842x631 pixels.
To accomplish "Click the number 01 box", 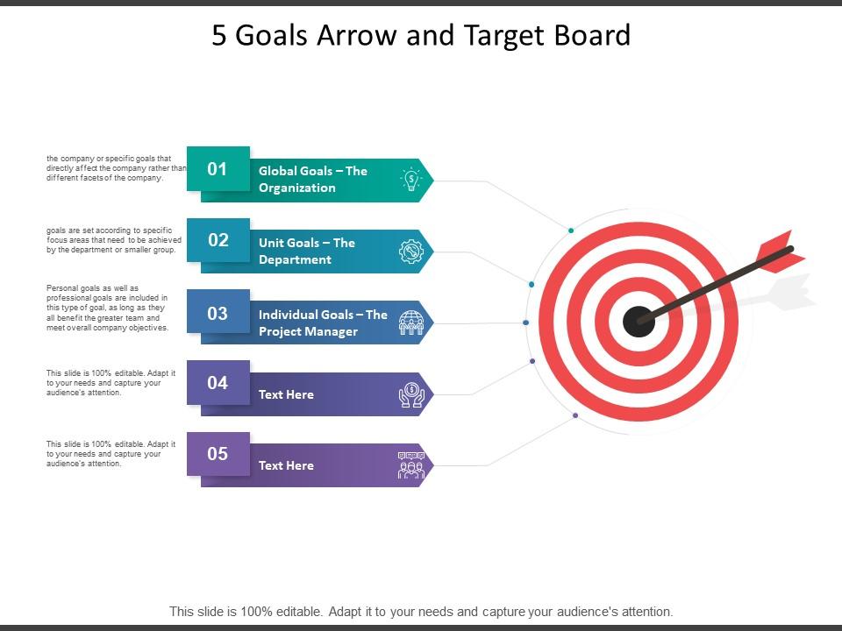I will [218, 168].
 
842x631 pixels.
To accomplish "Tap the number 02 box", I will [218, 240].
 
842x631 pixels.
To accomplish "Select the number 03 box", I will [218, 312].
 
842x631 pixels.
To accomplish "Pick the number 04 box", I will [218, 382].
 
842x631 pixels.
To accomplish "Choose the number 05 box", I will [218, 454].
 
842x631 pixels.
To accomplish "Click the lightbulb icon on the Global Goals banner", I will [410, 180].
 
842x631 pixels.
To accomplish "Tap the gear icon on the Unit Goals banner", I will [410, 252].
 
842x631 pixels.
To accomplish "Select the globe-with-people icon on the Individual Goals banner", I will [410, 323].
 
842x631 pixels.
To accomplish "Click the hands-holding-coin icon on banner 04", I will [410, 394].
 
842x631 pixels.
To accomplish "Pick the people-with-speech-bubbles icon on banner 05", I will [410, 465].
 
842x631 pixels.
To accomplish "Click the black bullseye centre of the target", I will [638, 322].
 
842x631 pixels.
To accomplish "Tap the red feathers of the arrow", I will [781, 249].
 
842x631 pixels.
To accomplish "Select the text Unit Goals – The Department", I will [307, 252].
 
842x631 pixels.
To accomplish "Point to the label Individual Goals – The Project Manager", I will [322, 323].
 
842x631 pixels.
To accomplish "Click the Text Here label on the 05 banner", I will [286, 465].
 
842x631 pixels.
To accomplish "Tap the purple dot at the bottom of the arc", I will [574, 415].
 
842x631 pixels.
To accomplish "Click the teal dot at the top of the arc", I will [571, 230].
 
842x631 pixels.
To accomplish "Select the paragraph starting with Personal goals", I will [106, 308].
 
